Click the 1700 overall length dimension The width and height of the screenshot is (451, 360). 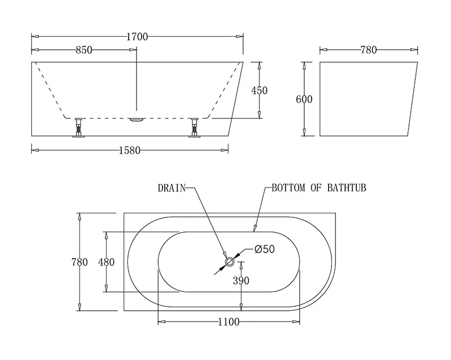137,37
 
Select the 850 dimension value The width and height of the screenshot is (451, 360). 84,50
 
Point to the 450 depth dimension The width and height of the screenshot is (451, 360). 259,91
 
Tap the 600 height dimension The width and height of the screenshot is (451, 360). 304,99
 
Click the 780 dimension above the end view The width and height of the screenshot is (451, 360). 368,50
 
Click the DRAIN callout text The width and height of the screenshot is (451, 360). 172,188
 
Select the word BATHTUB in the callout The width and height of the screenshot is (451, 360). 347,188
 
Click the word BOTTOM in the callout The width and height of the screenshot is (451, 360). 288,188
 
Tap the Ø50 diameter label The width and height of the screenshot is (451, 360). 265,250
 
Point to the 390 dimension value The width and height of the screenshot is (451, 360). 241,280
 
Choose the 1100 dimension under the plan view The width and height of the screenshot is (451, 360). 228,322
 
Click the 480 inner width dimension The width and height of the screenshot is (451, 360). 106,262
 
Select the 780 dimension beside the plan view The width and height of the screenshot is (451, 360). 79,262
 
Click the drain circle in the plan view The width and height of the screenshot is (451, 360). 230,262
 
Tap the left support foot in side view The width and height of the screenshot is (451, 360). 78,127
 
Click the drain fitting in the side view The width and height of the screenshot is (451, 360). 137,119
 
